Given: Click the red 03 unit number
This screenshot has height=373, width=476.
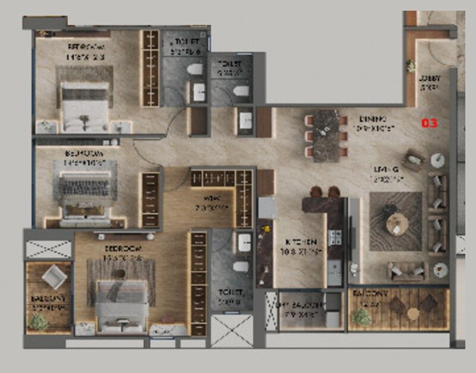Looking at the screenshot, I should pyautogui.click(x=430, y=123).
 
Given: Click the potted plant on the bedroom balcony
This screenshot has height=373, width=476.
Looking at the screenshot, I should pyautogui.click(x=37, y=322).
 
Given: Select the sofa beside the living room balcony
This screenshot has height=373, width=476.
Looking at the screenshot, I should pyautogui.click(x=407, y=271).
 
